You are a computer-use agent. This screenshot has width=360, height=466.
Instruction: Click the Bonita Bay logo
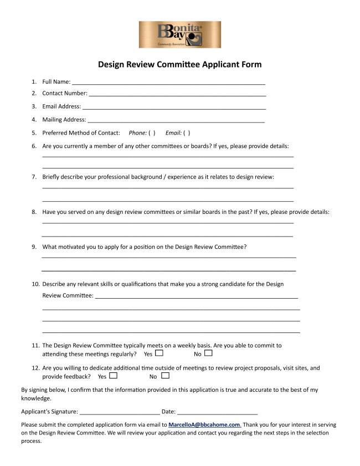pos(179,34)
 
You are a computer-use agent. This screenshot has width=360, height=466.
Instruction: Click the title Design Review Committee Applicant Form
pos(179,64)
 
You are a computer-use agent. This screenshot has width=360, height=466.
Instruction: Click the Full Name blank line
pos(168,83)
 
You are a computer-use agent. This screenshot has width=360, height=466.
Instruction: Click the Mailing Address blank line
pos(176,121)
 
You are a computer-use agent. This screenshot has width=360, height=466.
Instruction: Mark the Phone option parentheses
pos(152,133)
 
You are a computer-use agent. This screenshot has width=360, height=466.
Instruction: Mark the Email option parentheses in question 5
pos(187,133)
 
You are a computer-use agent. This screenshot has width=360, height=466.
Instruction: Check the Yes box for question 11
pos(160,353)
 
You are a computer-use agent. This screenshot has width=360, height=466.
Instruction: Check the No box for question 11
pos(208,353)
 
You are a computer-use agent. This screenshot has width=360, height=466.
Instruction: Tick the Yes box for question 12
pos(114,376)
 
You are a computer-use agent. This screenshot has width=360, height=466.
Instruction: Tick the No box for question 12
pos(165,376)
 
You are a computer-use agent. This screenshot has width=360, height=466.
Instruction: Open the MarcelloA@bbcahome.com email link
pos(204,425)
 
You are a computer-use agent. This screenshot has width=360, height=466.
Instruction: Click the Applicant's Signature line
pos(120,412)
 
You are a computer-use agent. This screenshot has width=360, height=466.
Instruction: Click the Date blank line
pos(218,412)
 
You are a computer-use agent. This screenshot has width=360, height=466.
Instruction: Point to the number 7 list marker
pos(34,177)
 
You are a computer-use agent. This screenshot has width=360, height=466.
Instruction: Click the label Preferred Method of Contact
pos(81,133)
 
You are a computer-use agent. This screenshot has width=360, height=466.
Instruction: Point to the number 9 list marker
pos(34,247)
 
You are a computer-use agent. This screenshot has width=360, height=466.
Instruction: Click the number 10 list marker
pos(35,284)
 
